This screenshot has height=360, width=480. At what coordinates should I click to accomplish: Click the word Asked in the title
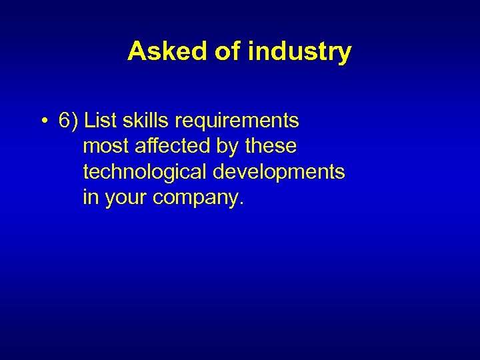pos(167,51)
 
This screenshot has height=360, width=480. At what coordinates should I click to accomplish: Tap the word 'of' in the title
pos(227,51)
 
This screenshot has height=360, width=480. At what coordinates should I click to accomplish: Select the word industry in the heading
pos(299,51)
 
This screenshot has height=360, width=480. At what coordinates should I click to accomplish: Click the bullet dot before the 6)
pos(43,121)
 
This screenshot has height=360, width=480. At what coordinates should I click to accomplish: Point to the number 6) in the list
pos(69,121)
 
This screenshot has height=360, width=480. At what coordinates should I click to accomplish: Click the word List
pos(100,121)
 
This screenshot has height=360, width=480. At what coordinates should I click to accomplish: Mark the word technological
pos(145,172)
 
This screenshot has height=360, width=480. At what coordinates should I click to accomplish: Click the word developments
pos(279,173)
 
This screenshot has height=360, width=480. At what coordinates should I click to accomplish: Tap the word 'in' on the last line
pos(90,197)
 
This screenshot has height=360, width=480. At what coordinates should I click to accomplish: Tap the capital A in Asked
pos(136,51)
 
